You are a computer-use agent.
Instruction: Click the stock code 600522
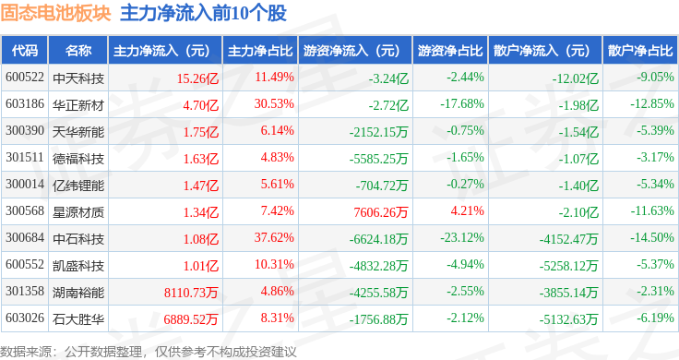point(25,78)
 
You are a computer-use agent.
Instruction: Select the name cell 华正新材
point(78,105)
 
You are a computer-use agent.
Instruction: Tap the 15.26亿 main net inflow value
point(197,78)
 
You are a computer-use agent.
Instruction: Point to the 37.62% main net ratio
point(274,237)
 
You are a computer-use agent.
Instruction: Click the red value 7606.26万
point(381,212)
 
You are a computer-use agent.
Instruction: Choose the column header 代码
point(25,51)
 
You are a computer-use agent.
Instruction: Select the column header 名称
point(78,51)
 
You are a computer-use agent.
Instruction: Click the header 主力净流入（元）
point(162,51)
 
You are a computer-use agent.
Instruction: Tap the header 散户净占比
point(640,51)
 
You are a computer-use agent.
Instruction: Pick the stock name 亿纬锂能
point(78,186)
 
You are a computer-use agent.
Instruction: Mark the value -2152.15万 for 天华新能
point(378,132)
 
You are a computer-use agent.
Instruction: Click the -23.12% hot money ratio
point(462,237)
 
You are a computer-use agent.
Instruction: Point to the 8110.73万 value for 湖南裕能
point(191,293)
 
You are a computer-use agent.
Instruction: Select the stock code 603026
point(25,318)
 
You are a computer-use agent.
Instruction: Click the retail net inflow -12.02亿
point(576,78)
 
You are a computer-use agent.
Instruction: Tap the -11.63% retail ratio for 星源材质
point(652,210)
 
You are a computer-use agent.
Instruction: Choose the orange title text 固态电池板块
point(56,13)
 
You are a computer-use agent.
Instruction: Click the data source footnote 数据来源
point(26,352)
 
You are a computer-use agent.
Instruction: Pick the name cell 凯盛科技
point(78,266)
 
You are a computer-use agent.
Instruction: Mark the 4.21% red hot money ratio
point(467,210)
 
